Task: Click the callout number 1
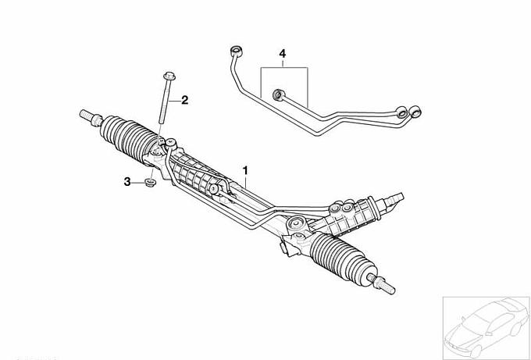coord(245,170)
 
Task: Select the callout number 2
coord(184,100)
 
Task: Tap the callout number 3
coord(127,182)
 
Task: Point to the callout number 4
coord(282,54)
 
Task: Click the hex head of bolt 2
coord(169,76)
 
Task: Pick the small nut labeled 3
coord(150,183)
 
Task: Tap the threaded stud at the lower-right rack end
coord(382,284)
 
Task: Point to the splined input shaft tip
coord(395,199)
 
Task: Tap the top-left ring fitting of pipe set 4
coord(236,51)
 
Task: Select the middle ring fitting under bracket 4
coord(278,94)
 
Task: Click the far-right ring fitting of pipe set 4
coord(415,112)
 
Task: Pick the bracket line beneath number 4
coord(284,68)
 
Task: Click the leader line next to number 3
coord(138,183)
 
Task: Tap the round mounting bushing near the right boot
coord(296,223)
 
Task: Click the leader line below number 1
coord(245,182)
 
